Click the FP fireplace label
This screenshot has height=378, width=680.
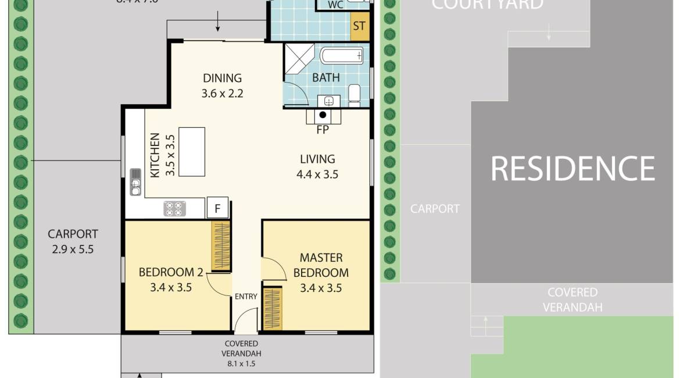pos(323,130)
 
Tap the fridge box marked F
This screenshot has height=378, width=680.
pos(217,208)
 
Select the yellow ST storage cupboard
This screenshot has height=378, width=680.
pos(360,26)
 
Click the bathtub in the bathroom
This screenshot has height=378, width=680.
pos(342,56)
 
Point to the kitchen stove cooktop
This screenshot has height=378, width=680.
pos(174,209)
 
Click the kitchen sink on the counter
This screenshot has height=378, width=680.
pos(135,181)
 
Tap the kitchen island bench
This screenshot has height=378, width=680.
pos(192,152)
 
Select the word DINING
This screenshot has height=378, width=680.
pos(222,78)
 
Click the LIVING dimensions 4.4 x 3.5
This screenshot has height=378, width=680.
pos(318,174)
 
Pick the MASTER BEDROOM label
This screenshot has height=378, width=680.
pos(321,265)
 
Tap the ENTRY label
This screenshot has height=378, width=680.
pos(246,297)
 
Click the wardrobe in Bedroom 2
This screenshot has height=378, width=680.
pos(221,246)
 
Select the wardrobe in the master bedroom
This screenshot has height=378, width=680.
pos(272,308)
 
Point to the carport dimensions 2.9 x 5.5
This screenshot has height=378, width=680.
pos(73,250)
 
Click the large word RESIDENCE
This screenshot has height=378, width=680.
pos(572,169)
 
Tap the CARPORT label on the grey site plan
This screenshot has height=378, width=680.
pos(435,209)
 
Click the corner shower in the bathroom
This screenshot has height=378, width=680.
pos(298,58)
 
